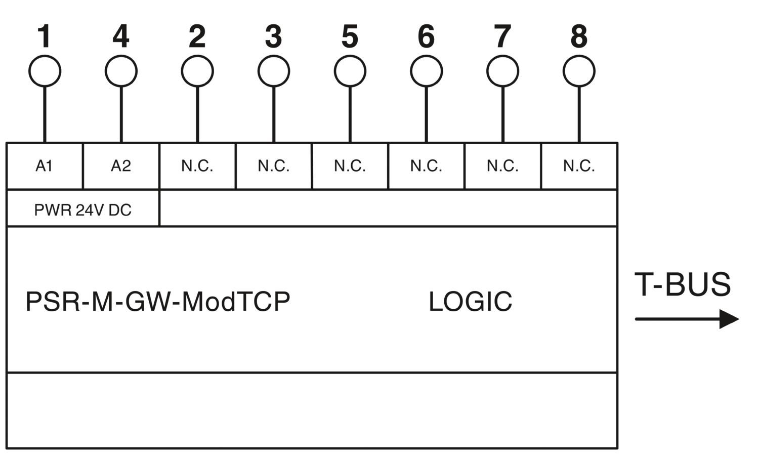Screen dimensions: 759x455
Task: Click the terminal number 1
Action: point(45,36)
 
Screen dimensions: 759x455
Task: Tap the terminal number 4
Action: point(121,36)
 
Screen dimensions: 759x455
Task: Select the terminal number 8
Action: point(579,36)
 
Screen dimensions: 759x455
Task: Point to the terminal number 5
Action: point(350,36)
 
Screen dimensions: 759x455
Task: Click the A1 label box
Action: point(45,166)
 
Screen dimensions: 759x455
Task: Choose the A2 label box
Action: point(121,166)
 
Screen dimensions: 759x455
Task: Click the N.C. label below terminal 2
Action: point(197,166)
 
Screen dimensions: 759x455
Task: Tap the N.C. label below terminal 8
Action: point(579,166)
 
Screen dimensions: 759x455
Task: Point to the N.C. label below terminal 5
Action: point(350,166)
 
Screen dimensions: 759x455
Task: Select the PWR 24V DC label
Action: point(82,210)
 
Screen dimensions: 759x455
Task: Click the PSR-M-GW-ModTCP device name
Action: point(158,301)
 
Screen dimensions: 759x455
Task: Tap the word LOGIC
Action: point(471,301)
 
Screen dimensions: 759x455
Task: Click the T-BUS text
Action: point(683,284)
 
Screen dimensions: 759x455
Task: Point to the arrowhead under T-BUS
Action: point(729,319)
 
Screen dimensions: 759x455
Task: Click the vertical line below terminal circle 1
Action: point(45,114)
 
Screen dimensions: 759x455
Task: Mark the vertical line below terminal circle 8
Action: point(579,114)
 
